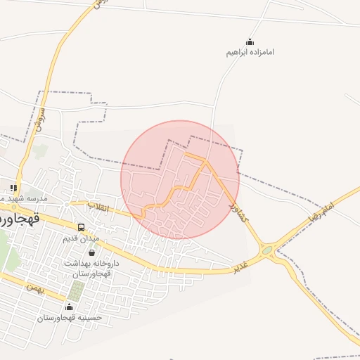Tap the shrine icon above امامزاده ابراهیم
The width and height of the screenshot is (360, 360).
pos(250,42)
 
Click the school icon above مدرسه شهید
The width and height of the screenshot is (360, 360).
pos(13,188)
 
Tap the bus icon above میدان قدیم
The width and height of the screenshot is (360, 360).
pos(82,228)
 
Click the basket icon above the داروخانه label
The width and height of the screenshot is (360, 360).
pos(91,252)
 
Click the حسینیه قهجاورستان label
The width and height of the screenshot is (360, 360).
pos(70,318)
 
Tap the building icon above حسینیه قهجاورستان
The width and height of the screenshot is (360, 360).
pos(69,307)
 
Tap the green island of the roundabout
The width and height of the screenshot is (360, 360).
pos(267,250)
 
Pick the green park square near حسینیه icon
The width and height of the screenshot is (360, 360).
pos(76,290)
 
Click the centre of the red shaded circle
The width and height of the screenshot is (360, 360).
pos(180,179)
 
